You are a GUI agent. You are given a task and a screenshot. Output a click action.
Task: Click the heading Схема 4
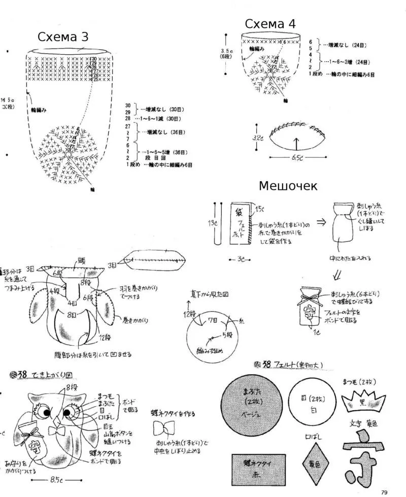point(270,24)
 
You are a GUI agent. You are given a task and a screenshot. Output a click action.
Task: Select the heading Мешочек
point(288,186)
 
